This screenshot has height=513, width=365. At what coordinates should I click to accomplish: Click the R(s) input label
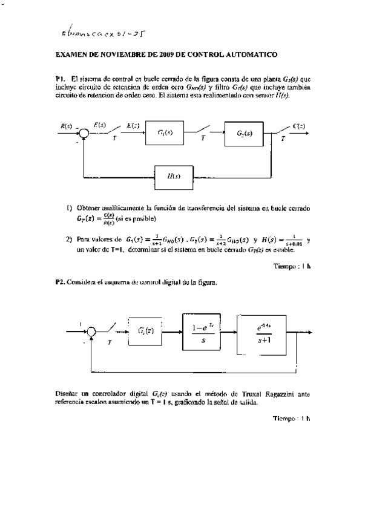(x=67, y=125)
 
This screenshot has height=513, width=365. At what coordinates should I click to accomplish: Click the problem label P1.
(x=59, y=79)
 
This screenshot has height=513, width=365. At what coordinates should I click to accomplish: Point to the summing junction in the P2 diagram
(x=91, y=331)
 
